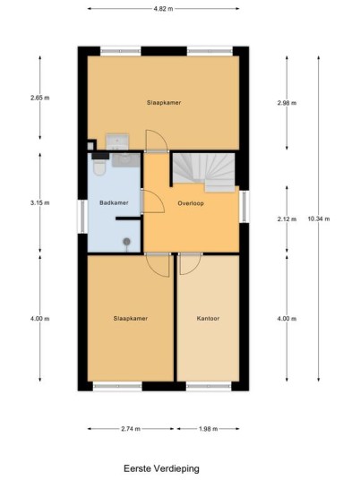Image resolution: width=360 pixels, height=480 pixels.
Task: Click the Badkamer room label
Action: tap(114, 202)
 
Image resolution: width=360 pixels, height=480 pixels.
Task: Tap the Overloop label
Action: tap(191, 203)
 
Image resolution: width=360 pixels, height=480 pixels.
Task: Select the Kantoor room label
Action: tap(208, 319)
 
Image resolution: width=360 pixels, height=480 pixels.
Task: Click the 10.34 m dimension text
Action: tap(319, 219)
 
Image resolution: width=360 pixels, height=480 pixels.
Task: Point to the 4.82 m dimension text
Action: tap(164, 9)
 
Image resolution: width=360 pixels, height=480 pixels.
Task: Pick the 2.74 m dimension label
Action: tap(131, 429)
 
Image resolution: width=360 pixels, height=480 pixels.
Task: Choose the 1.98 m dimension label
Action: tap(208, 429)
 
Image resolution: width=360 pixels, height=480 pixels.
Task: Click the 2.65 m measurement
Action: tap(39, 98)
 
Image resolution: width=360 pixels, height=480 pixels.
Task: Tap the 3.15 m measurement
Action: tap(39, 202)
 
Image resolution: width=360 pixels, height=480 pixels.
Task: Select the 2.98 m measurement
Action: tap(287, 103)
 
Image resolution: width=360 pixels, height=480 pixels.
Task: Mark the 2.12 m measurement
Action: tap(287, 219)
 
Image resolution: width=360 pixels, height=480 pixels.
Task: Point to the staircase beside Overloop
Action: tap(205, 172)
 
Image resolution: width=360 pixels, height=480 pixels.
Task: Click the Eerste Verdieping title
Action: tap(161, 468)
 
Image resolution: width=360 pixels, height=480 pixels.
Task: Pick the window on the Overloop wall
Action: tap(244, 207)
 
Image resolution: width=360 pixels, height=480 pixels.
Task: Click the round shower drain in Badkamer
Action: tap(127, 242)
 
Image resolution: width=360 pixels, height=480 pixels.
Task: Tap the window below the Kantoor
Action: tap(209, 386)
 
